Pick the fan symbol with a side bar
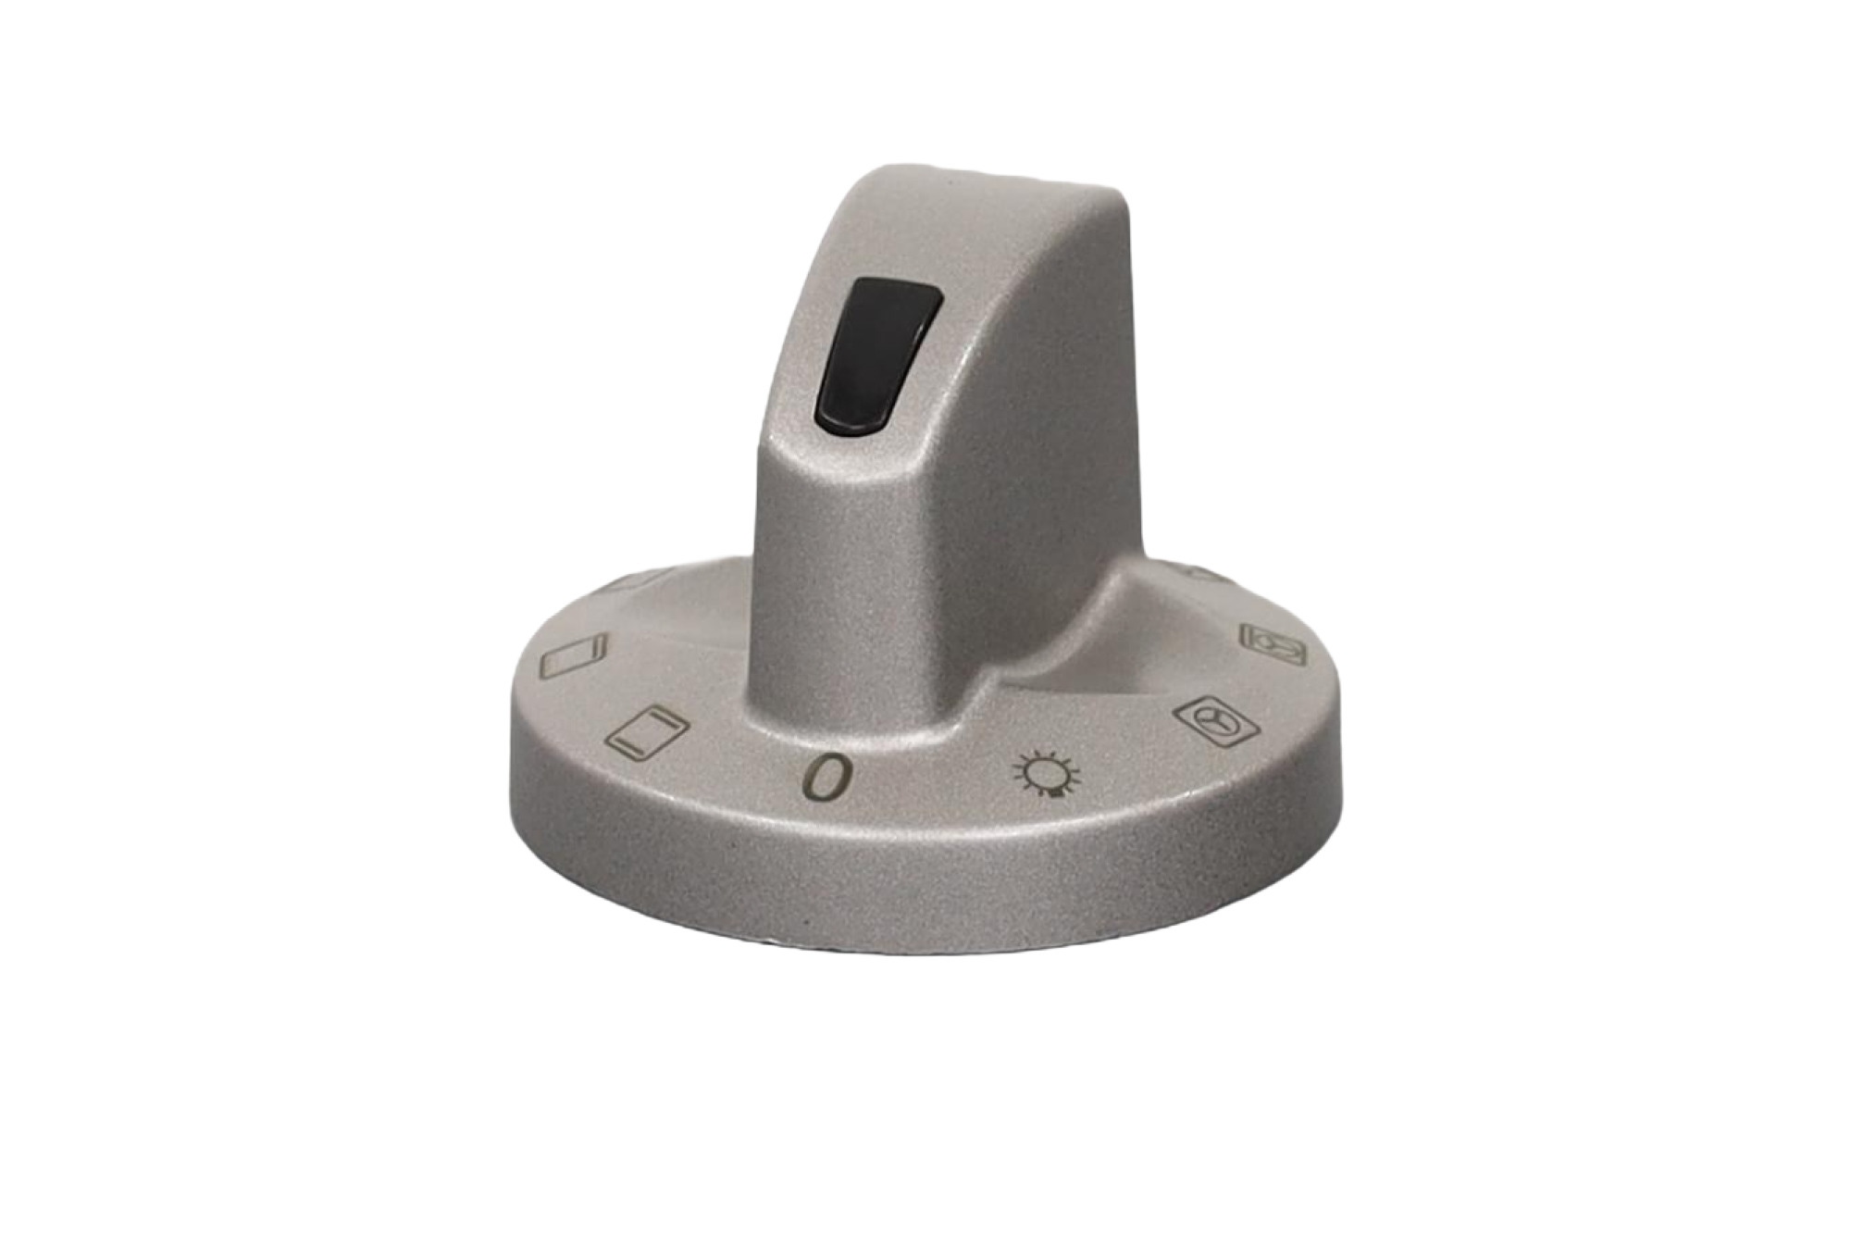tap(1273, 643)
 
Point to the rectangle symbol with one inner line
tap(574, 654)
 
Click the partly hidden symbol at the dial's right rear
tap(1203, 574)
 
